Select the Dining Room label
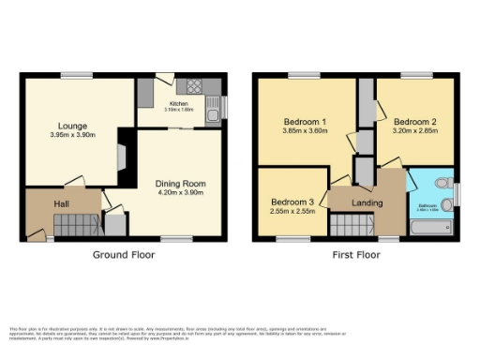click(181, 184)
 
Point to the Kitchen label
click(178, 104)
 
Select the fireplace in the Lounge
click(119, 152)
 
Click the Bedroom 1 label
click(305, 122)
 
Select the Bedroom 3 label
click(292, 202)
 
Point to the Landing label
click(367, 202)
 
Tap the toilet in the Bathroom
click(446, 181)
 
